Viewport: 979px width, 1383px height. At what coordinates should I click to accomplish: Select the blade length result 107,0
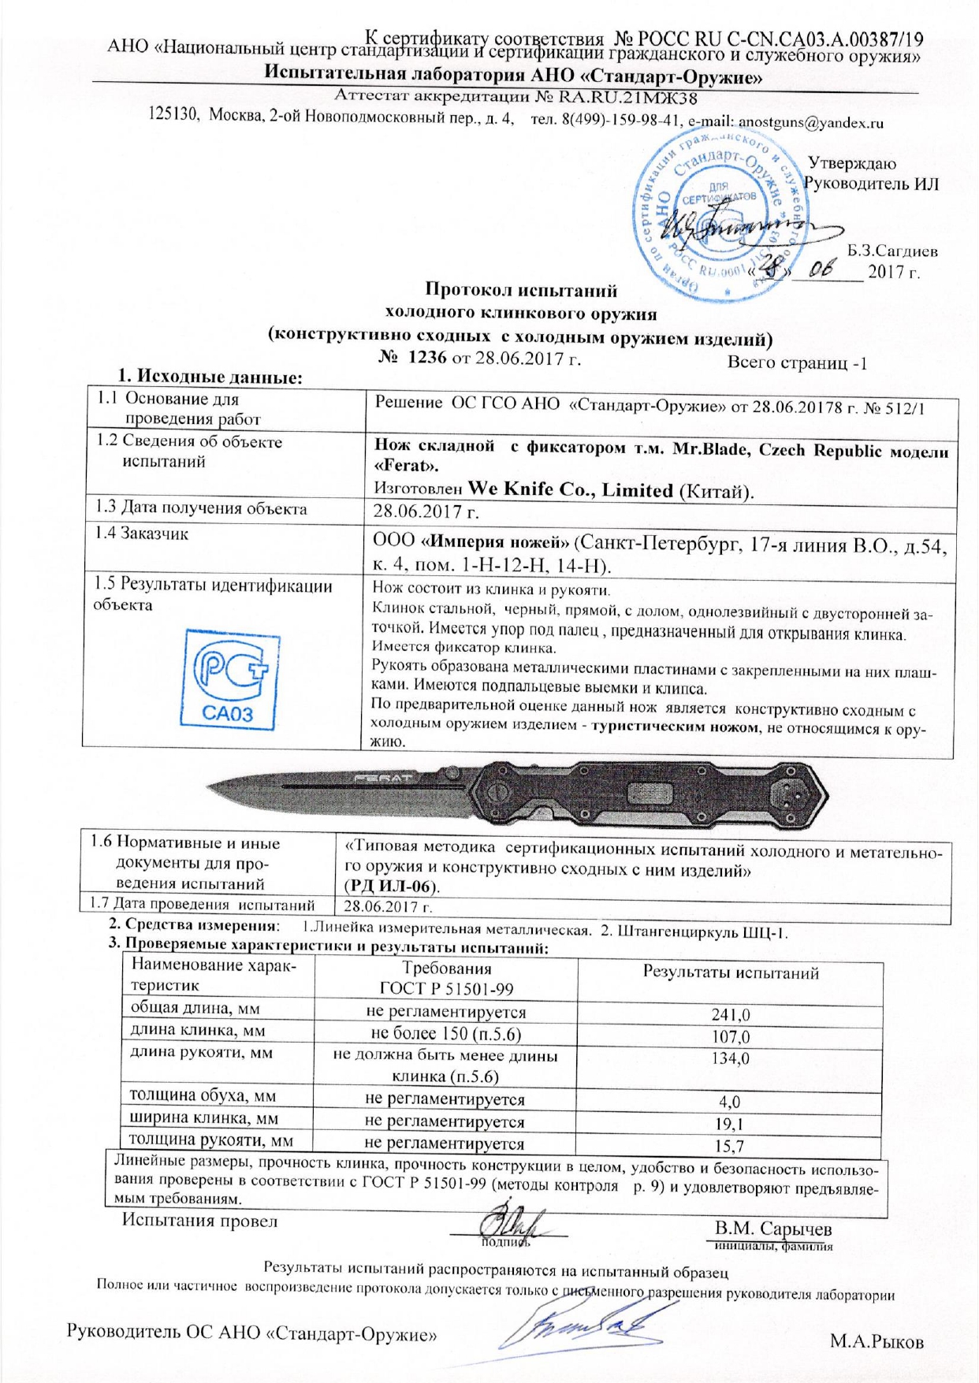[731, 1037]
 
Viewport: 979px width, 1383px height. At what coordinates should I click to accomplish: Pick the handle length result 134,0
[731, 1058]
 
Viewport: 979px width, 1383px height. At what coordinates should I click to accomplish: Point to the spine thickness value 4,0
[731, 1102]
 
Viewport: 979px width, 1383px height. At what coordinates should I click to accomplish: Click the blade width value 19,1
[731, 1124]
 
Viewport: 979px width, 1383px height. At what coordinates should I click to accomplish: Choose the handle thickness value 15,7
[731, 1146]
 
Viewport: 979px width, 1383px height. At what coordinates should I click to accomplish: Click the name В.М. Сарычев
[772, 1229]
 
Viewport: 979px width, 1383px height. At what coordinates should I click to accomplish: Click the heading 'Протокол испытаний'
[521, 291]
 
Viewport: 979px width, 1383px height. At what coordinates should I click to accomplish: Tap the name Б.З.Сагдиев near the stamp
[892, 252]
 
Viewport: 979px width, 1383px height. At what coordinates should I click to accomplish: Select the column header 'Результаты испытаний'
[731, 972]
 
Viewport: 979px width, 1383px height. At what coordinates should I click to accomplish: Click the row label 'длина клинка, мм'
[197, 1031]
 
